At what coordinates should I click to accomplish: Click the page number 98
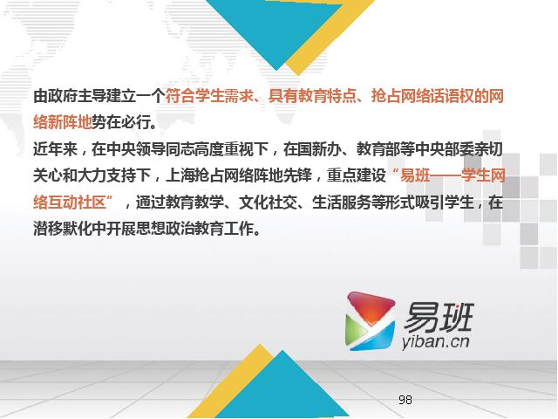(x=405, y=400)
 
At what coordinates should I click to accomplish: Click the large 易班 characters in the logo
(x=439, y=317)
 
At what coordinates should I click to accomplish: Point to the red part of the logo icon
(x=371, y=307)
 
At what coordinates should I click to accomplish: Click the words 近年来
(x=55, y=149)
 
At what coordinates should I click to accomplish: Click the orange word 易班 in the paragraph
(x=415, y=175)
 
